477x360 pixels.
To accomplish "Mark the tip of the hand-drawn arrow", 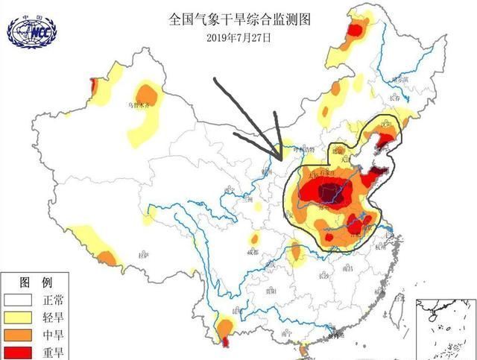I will click(x=280, y=159).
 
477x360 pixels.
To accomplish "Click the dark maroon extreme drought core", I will click(x=326, y=195).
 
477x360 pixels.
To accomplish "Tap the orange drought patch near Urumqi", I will click(x=148, y=95).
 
